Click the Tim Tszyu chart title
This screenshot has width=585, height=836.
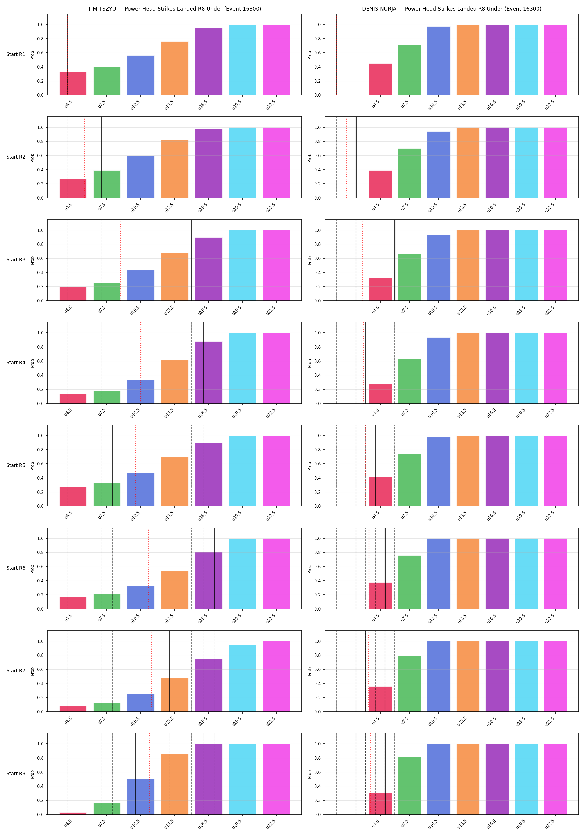(x=174, y=9)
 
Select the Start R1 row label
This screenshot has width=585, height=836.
(x=16, y=54)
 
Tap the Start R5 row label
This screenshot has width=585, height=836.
(x=16, y=465)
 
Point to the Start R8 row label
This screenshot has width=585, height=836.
(x=16, y=773)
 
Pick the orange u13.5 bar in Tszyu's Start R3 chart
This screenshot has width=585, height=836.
(x=175, y=277)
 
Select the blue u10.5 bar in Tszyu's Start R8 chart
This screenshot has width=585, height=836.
(x=141, y=797)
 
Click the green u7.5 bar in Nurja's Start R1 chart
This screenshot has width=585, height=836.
(x=409, y=70)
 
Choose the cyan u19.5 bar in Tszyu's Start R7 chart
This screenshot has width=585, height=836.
(x=242, y=678)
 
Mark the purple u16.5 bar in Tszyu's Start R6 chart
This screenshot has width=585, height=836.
(x=209, y=580)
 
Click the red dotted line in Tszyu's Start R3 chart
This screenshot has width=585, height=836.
(x=120, y=260)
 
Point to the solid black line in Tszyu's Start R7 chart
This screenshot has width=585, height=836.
(x=169, y=671)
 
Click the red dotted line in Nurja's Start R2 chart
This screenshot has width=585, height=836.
(x=346, y=157)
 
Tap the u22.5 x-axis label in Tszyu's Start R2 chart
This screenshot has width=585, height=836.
(x=271, y=207)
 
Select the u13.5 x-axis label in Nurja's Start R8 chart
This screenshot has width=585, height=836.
(x=462, y=824)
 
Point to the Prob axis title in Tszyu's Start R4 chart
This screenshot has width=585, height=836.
(x=32, y=363)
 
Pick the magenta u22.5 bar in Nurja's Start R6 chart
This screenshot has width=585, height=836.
(x=555, y=573)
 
